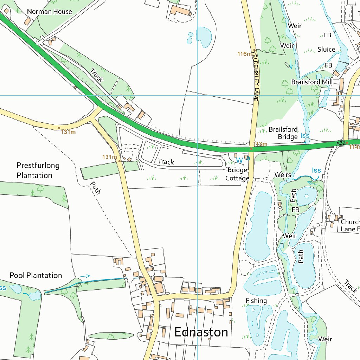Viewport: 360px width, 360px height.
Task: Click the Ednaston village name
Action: coord(201,332)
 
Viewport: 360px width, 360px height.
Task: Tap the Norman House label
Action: coord(50,12)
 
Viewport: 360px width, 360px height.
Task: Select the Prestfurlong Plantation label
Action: coord(38,170)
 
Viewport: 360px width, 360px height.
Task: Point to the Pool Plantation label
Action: coord(36,275)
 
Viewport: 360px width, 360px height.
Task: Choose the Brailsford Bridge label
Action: coord(283,133)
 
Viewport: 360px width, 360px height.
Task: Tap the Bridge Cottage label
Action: coord(237,174)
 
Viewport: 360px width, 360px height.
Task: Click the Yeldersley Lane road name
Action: coord(255,75)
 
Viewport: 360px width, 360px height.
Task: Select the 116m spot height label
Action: coord(245,54)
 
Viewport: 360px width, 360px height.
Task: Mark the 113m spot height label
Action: coord(261,144)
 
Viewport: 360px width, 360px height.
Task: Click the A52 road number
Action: coord(340,143)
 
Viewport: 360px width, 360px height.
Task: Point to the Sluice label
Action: coord(326,49)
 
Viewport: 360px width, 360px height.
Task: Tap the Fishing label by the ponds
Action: coord(256,301)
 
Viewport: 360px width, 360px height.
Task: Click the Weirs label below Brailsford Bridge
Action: coord(283,175)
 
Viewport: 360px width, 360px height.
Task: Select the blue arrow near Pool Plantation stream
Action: coord(85,276)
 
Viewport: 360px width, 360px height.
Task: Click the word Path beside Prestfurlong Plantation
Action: coord(95,188)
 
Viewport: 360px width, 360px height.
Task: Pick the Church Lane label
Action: coord(350,225)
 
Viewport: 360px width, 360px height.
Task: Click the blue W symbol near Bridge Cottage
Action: coord(239,160)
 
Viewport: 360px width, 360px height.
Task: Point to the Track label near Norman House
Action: coord(96,75)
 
